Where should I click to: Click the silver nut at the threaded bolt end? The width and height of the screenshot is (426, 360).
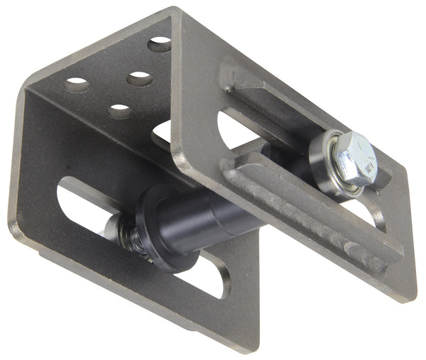(x=114, y=228)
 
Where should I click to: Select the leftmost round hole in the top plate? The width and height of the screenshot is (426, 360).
(x=77, y=85)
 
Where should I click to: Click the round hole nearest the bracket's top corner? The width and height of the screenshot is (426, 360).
(x=160, y=44)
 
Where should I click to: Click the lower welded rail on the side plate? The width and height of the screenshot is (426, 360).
(x=312, y=213)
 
